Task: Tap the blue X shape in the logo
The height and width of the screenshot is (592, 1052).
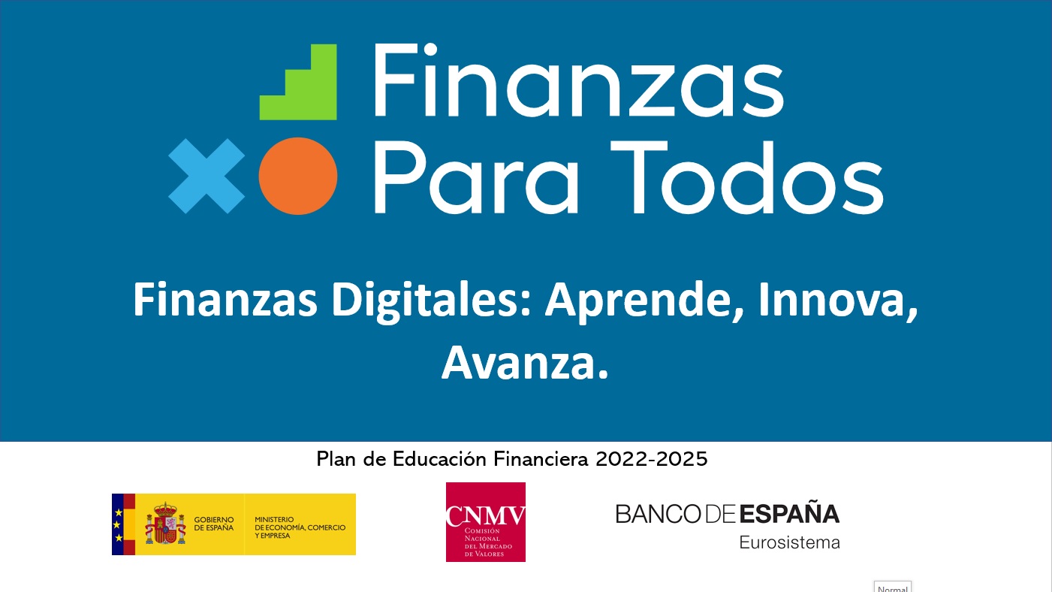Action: (x=206, y=176)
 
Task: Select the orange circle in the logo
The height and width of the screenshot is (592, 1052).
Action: (x=297, y=176)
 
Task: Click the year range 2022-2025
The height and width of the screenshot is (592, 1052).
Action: (x=652, y=459)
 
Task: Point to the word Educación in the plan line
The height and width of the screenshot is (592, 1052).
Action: (x=441, y=459)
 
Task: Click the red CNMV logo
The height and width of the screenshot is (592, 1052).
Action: (x=485, y=522)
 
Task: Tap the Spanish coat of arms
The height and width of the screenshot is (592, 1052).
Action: (x=165, y=524)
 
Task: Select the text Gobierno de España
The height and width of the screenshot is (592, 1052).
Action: (x=214, y=524)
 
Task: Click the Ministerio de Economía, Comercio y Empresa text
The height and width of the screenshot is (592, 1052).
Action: (x=300, y=527)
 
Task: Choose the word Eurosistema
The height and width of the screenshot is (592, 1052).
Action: (x=789, y=542)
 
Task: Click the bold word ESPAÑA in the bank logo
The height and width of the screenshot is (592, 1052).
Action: (x=789, y=514)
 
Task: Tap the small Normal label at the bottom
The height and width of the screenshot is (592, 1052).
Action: (x=893, y=587)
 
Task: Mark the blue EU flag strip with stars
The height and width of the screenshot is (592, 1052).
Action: (x=117, y=524)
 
